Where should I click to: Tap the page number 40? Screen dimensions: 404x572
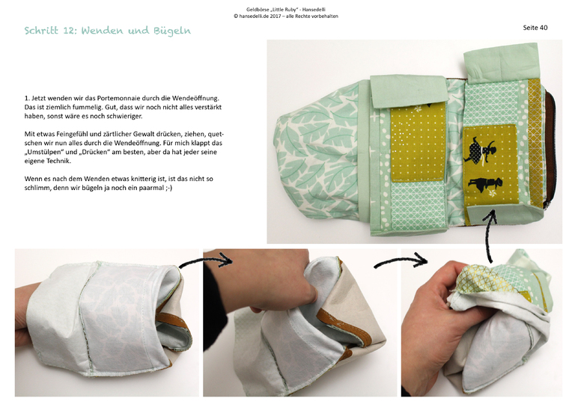[543, 28]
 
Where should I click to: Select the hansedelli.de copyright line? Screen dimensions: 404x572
[285, 16]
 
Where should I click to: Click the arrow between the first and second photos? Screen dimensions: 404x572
[202, 261]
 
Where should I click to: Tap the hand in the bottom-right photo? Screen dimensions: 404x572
[434, 322]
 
